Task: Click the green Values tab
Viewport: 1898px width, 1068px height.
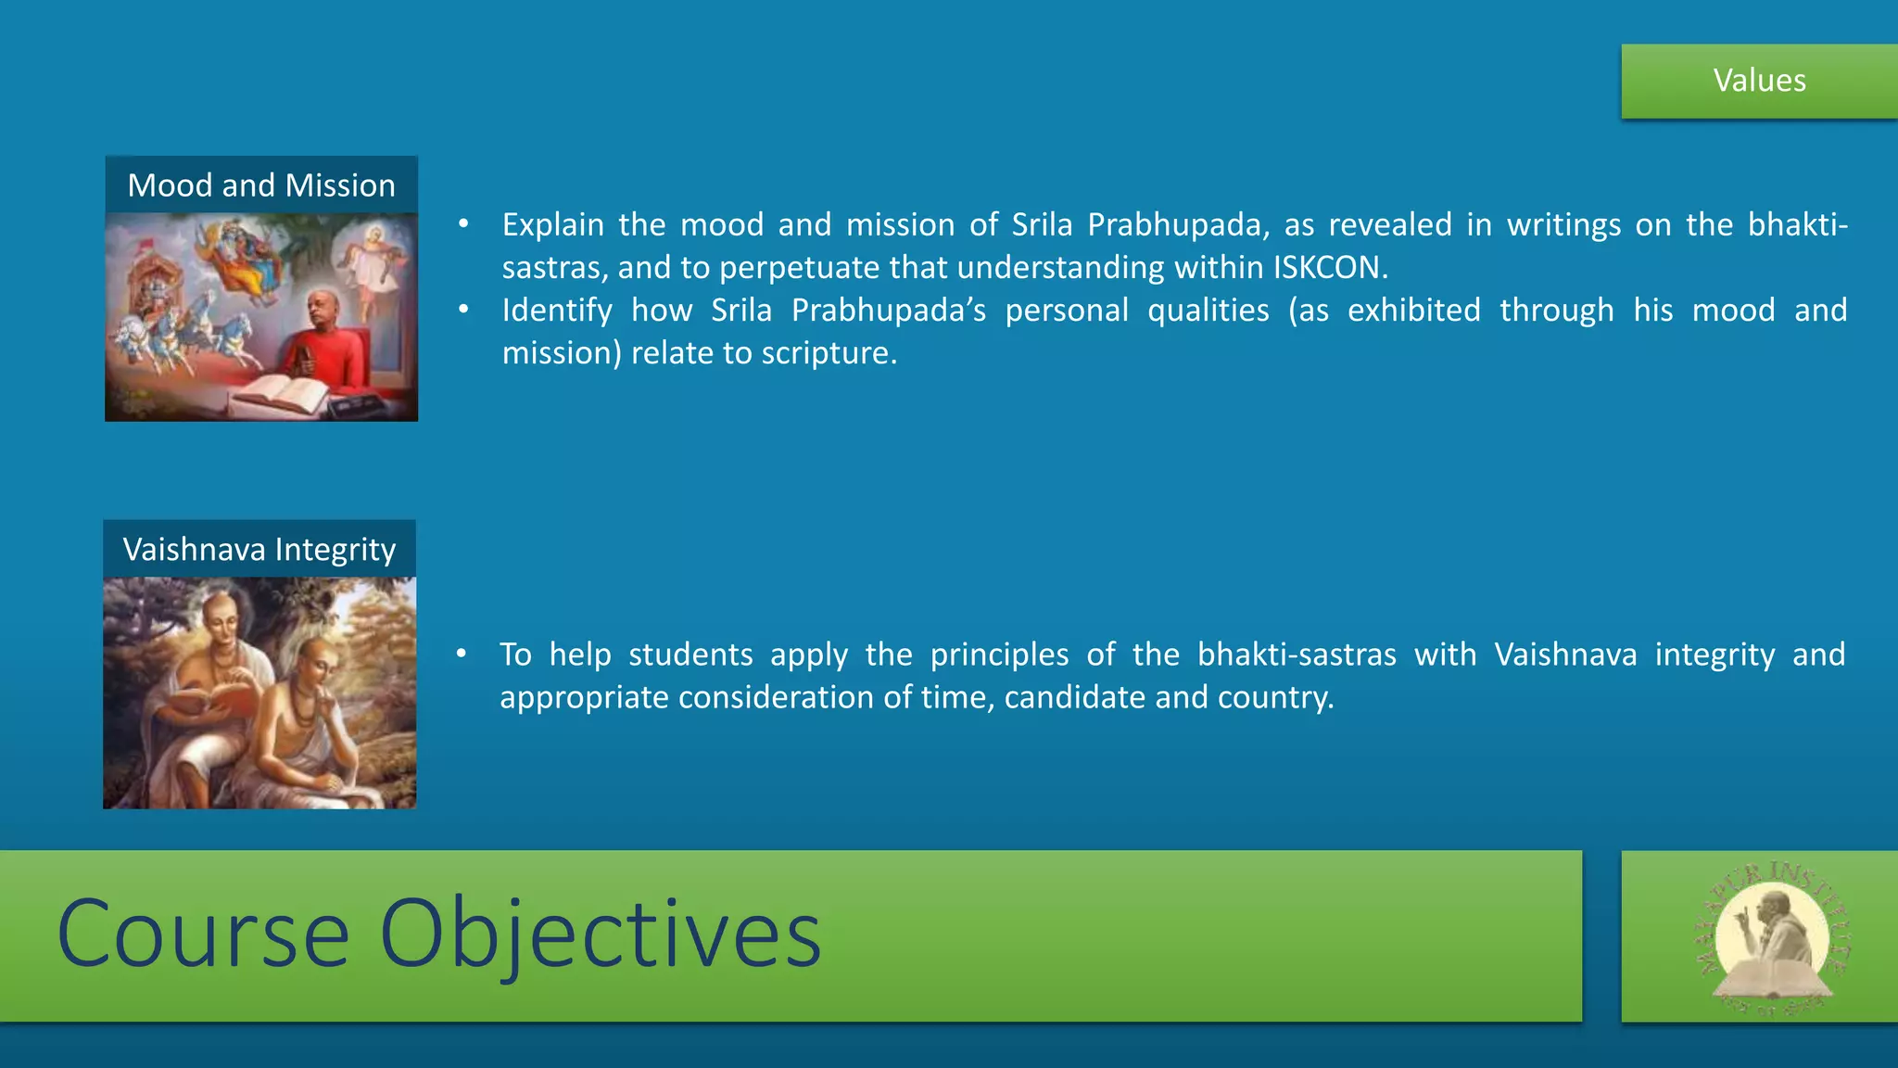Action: [x=1759, y=81]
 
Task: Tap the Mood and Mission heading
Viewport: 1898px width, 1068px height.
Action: [x=261, y=185]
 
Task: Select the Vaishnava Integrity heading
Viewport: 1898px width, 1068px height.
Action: [x=259, y=550]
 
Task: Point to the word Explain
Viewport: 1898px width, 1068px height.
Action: [x=552, y=225]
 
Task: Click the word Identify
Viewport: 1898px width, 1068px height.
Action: [x=556, y=311]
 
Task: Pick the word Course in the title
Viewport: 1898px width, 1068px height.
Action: [x=202, y=934]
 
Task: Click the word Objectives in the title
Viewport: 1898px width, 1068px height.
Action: [x=600, y=934]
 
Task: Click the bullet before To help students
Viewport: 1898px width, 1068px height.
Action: [x=461, y=655]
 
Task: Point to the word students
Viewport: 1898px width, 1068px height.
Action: [x=690, y=655]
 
